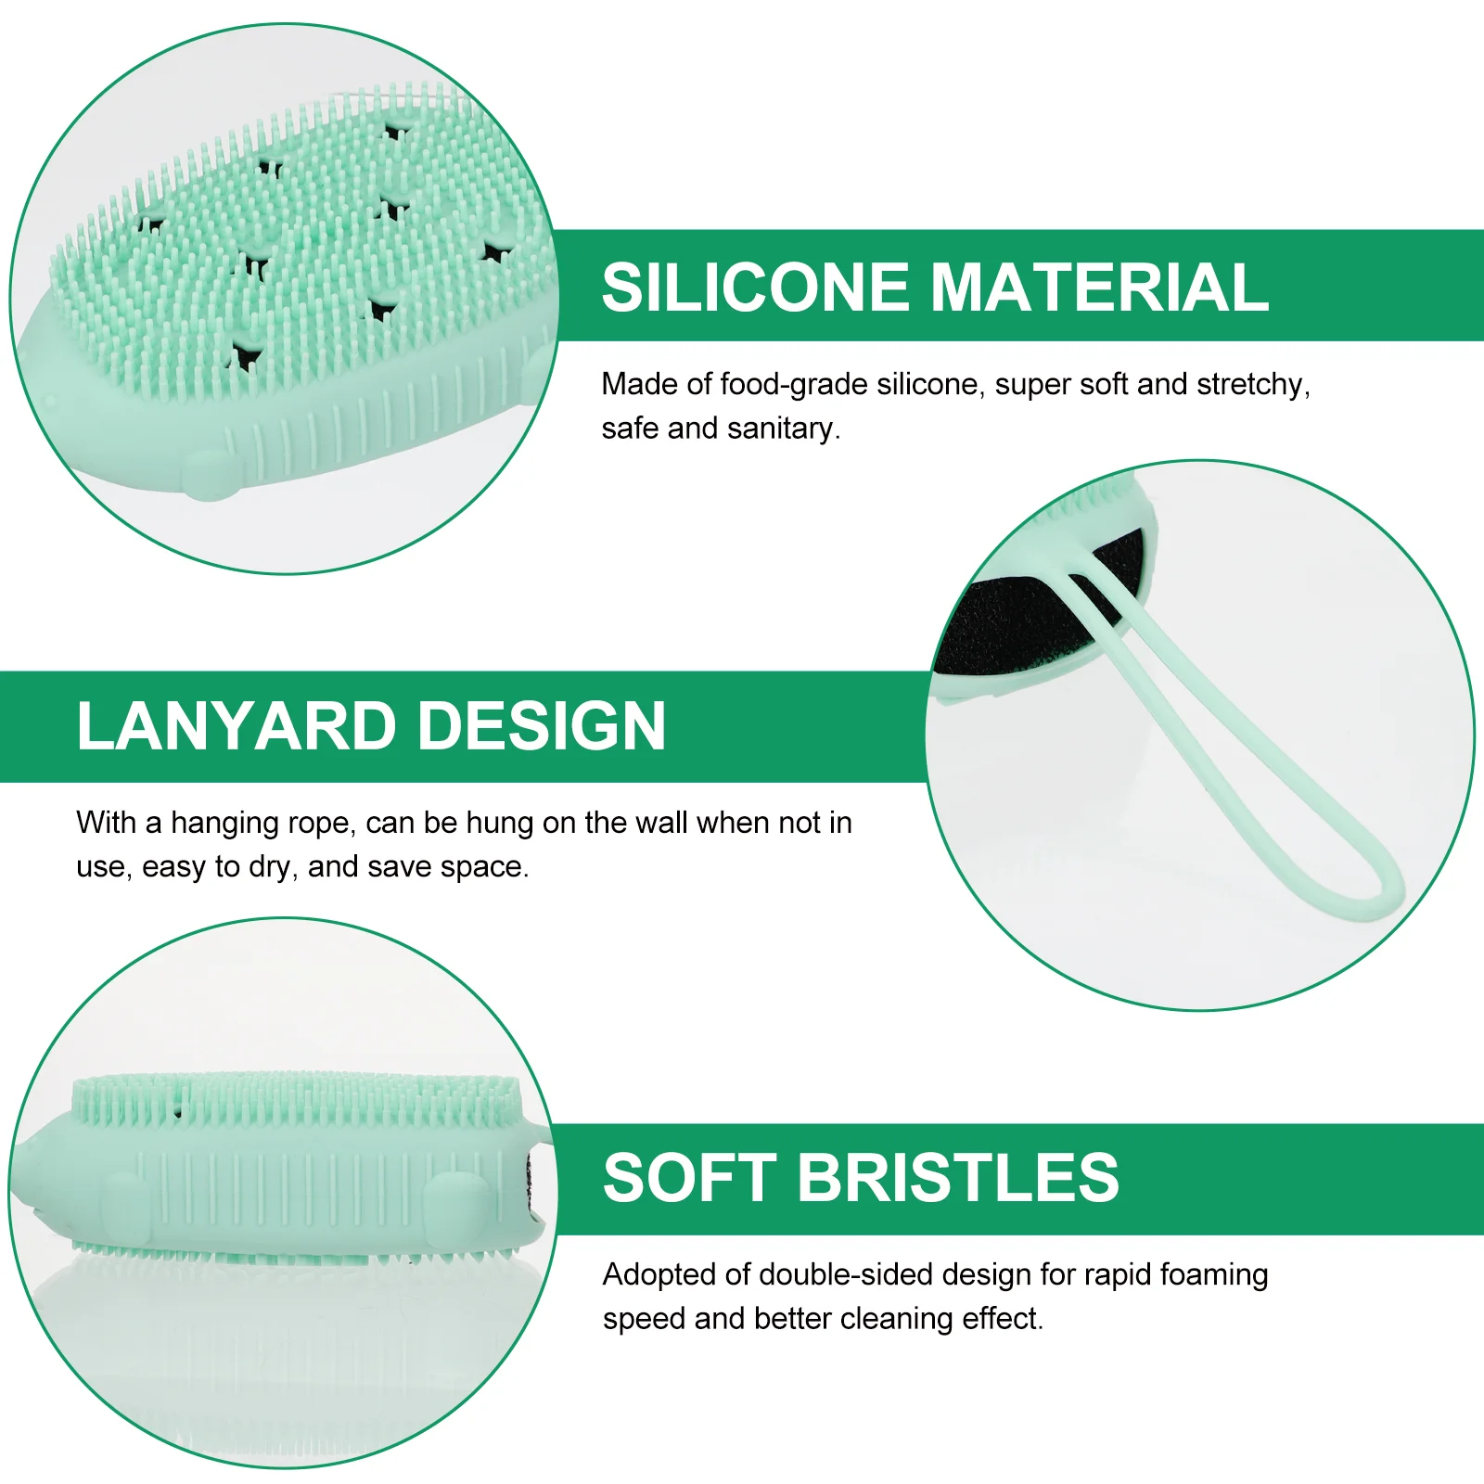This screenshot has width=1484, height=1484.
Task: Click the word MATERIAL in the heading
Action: [1099, 287]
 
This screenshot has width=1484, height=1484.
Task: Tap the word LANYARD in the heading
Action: [237, 725]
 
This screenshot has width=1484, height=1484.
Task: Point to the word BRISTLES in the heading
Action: [958, 1178]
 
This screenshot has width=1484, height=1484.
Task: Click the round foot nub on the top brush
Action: [209, 473]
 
